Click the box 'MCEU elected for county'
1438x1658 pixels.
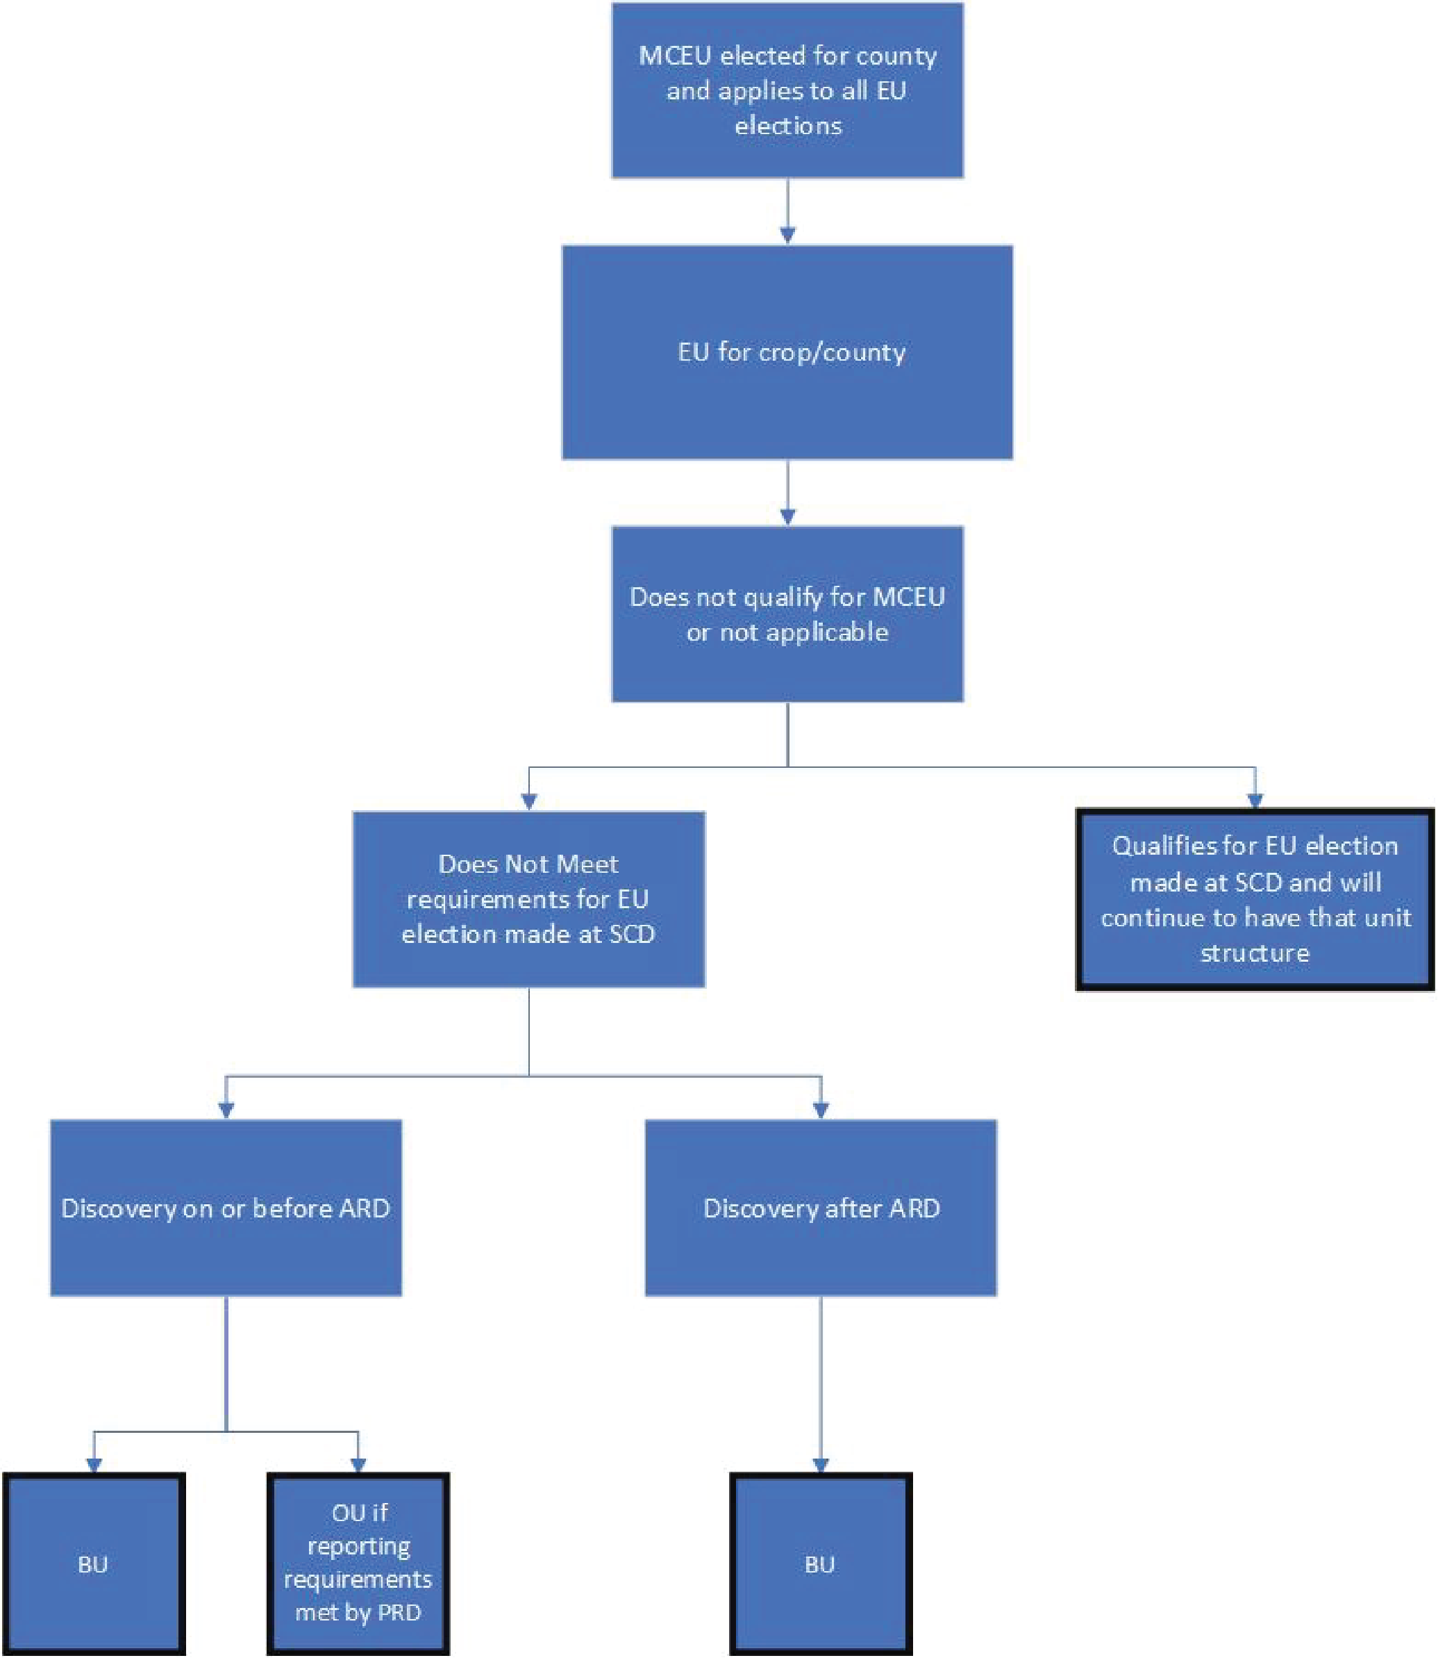(x=787, y=90)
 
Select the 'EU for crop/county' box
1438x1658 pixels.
(x=787, y=352)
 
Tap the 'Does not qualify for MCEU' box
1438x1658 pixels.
(x=787, y=614)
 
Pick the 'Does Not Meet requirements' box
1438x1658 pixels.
(x=529, y=899)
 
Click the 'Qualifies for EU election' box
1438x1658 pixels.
(x=1255, y=899)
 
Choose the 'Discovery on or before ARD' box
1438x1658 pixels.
(x=226, y=1208)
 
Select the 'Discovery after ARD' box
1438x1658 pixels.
(x=821, y=1208)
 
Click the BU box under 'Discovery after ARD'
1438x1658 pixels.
(x=821, y=1564)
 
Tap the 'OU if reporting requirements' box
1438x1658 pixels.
(x=358, y=1564)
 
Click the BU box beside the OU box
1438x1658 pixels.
(x=94, y=1564)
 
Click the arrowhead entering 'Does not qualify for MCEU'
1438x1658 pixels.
(x=787, y=516)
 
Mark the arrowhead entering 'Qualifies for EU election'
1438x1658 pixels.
(x=1255, y=800)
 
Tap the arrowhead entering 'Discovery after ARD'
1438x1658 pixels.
(x=821, y=1109)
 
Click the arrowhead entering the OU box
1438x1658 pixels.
(x=358, y=1463)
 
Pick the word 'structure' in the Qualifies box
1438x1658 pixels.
(x=1255, y=953)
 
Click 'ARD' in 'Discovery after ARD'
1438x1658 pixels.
(x=914, y=1208)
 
